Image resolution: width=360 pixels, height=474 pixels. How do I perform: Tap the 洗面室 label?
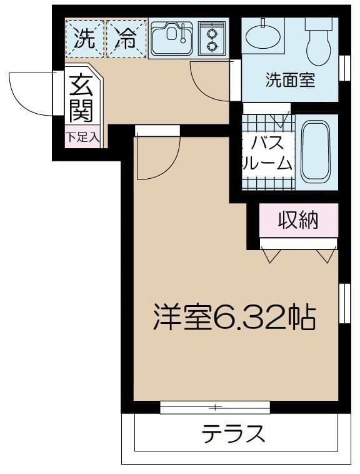pyautogui.click(x=290, y=80)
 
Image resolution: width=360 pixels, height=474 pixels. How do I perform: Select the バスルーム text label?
pyautogui.click(x=267, y=153)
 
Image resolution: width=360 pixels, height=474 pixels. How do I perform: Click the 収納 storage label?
pyautogui.click(x=299, y=220)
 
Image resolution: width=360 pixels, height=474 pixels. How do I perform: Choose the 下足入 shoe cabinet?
pyautogui.click(x=83, y=137)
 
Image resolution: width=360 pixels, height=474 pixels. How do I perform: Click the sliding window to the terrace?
pyautogui.click(x=215, y=408)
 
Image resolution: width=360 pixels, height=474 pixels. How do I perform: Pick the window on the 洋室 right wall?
pyautogui.click(x=344, y=303)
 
